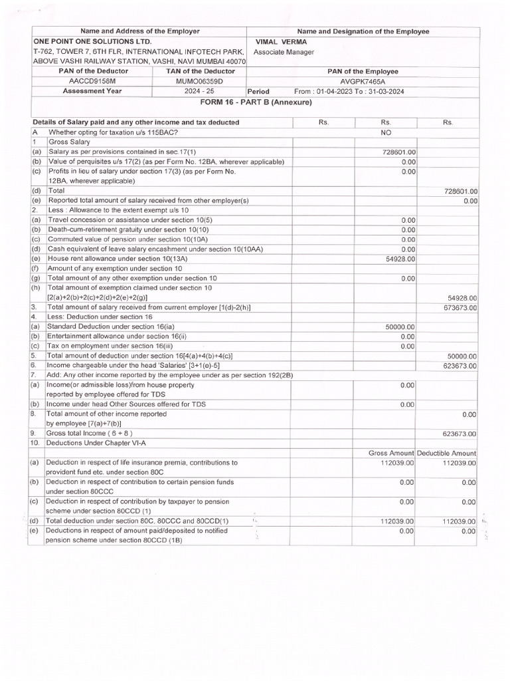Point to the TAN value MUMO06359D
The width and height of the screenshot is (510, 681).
click(200, 81)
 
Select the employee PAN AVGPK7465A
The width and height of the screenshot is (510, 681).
click(363, 81)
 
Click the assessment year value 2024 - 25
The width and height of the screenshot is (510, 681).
click(200, 92)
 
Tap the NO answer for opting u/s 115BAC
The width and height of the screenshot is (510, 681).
click(386, 132)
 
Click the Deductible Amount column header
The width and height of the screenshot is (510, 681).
click(448, 453)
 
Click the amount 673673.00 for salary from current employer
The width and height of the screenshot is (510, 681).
click(460, 308)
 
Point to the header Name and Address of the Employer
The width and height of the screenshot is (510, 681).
click(139, 31)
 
